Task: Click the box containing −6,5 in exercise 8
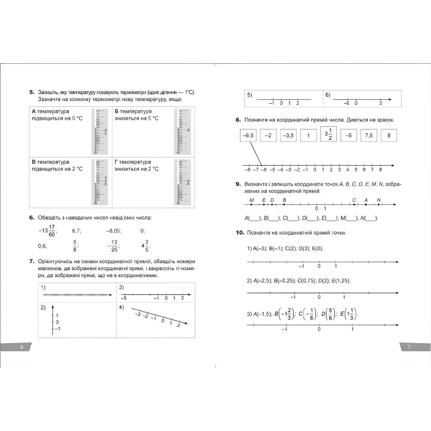click(x=248, y=135)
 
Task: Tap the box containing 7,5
click(x=369, y=135)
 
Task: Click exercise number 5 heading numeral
click(x=31, y=92)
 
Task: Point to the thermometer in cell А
click(x=100, y=131)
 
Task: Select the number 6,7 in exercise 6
click(x=77, y=231)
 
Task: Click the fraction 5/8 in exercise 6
click(x=75, y=245)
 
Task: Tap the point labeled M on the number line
click(x=252, y=204)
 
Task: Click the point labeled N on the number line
click(x=378, y=204)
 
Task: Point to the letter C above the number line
click(x=354, y=200)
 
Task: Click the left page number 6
click(x=22, y=347)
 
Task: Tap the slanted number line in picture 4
click(x=159, y=316)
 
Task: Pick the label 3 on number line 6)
click(x=381, y=104)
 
